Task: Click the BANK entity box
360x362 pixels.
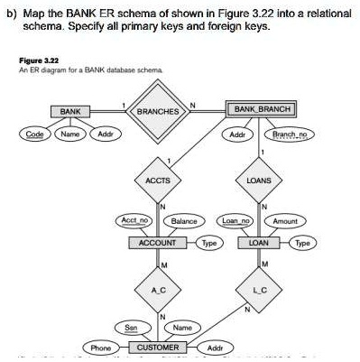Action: (x=69, y=110)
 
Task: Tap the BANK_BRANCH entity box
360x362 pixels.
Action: (x=261, y=110)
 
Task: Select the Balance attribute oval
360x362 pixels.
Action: (x=183, y=221)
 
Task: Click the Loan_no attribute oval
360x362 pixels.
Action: (x=236, y=221)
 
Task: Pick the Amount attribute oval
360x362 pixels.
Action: (x=284, y=221)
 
